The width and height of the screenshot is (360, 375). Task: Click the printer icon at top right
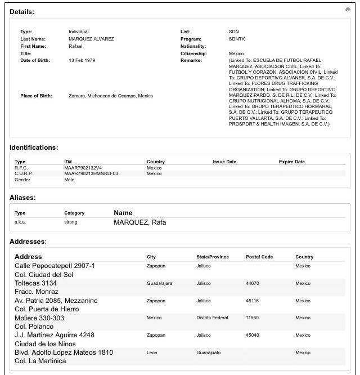348,10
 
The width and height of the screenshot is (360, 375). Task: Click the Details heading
22,11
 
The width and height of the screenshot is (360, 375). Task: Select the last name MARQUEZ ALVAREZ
91,39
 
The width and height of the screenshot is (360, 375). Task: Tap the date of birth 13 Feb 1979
82,61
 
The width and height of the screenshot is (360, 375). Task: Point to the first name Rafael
76,46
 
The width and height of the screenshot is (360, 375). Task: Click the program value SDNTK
237,39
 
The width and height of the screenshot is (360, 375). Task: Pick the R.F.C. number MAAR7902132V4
83,168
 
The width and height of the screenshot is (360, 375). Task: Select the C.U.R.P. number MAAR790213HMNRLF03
91,173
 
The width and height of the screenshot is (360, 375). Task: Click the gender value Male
69,180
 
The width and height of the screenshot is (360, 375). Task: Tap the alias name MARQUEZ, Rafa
139,222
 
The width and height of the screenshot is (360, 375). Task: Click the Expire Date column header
291,162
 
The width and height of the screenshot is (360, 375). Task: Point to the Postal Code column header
259,257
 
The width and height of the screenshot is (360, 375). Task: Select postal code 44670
253,283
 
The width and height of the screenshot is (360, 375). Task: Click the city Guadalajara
159,283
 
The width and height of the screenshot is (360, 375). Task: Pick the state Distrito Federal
212,318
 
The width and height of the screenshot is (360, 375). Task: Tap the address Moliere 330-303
39,318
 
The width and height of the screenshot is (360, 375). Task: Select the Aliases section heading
22,198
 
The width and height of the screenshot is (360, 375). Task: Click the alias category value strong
70,222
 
